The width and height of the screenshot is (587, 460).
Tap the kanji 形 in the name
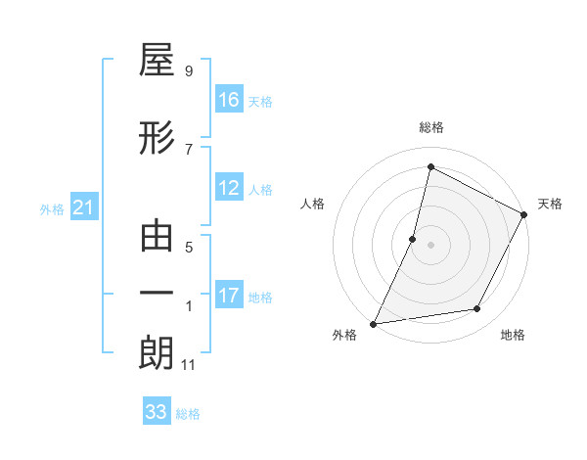click(157, 139)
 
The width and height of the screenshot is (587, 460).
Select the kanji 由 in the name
click(157, 237)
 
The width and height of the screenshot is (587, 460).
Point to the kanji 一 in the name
click(157, 295)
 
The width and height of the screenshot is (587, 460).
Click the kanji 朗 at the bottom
click(157, 353)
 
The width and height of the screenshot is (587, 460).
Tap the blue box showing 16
click(229, 100)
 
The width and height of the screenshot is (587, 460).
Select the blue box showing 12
click(229, 188)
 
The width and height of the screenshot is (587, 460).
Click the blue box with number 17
click(229, 296)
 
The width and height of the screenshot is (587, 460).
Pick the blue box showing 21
click(84, 207)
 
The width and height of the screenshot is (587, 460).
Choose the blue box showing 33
click(157, 412)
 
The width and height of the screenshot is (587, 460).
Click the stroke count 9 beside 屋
click(189, 71)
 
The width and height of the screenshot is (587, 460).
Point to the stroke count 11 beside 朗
click(189, 365)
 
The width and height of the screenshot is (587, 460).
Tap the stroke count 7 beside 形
click(189, 149)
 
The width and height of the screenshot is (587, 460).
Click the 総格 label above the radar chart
click(430, 127)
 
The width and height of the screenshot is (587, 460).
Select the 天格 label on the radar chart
click(550, 204)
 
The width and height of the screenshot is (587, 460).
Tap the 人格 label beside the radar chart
click(312, 204)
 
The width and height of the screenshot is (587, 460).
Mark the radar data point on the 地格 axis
click(477, 309)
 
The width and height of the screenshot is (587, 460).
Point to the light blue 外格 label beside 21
click(52, 208)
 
